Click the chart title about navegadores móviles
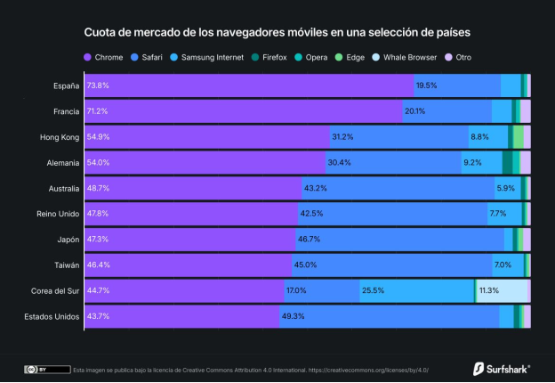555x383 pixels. click(x=277, y=32)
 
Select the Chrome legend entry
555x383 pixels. click(x=106, y=57)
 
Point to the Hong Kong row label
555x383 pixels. click(x=60, y=137)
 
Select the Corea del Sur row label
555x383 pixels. click(x=55, y=290)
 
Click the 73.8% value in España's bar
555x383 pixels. click(x=98, y=86)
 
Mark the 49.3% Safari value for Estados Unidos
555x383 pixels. click(x=293, y=316)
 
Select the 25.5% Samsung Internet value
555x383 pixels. click(x=373, y=290)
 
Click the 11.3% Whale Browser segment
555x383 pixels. click(x=489, y=290)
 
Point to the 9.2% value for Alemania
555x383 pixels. click(x=471, y=163)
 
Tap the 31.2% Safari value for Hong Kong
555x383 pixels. click(x=342, y=137)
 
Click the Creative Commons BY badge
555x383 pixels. click(x=46, y=369)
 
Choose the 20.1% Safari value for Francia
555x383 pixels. click(x=414, y=111)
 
